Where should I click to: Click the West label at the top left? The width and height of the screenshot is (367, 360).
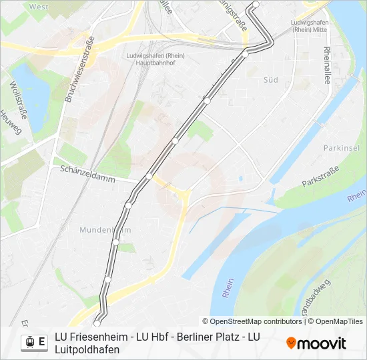tap(39, 7)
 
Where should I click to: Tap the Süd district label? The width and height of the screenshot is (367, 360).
tap(270, 79)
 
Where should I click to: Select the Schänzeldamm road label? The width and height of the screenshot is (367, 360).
tap(87, 175)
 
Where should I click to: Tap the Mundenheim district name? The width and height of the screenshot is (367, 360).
tap(105, 229)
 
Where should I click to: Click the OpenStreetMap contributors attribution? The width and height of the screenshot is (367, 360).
tap(252, 321)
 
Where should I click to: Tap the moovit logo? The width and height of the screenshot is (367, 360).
tap(316, 343)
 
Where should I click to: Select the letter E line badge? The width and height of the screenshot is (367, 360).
tap(42, 343)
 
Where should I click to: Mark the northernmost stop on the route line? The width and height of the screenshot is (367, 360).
tap(255, 5)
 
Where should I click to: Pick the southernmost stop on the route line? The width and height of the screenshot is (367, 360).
tap(97, 323)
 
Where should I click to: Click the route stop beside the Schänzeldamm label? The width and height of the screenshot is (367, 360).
tap(149, 177)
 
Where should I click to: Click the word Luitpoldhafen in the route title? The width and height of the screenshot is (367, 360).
tap(87, 349)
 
